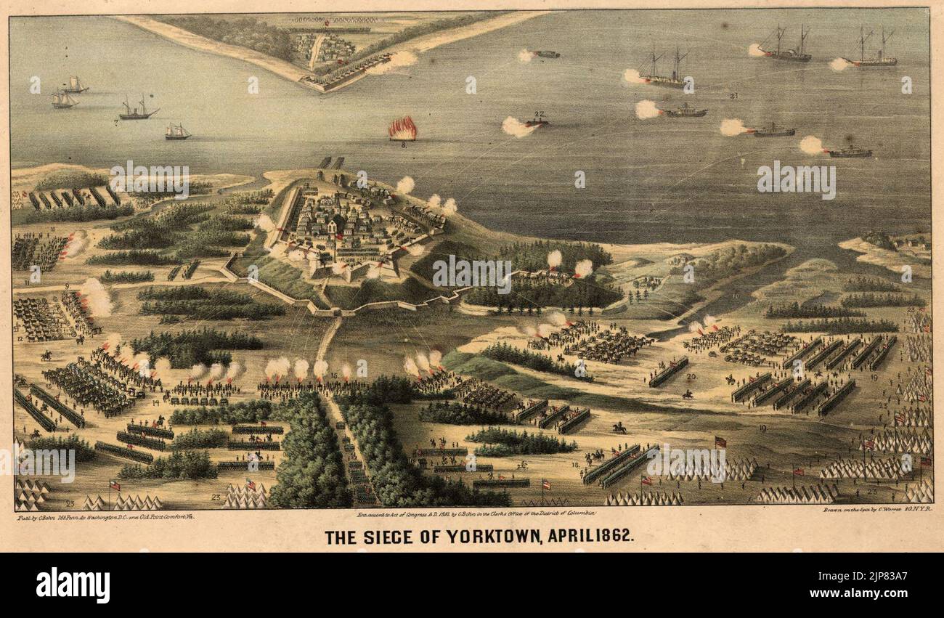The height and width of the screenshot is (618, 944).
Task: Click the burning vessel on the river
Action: point(402,129)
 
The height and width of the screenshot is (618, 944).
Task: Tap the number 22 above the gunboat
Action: point(539,115)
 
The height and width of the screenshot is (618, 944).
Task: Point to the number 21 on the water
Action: point(733,95)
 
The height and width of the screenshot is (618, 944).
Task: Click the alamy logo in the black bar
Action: point(73,585)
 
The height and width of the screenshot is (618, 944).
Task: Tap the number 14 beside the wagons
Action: point(155,402)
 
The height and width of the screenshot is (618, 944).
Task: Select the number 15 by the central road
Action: point(334,375)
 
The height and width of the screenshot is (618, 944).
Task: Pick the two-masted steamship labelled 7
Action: point(138,110)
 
